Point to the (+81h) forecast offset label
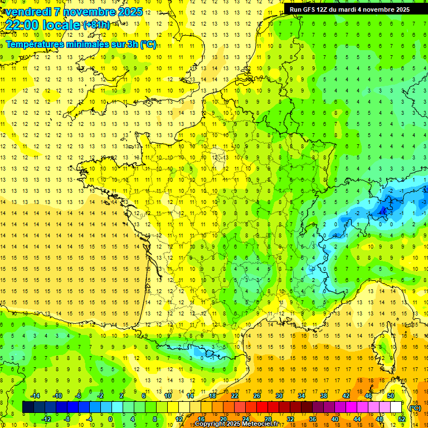tap(96, 25)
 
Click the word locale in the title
tap(61, 25)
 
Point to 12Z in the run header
tap(330, 9)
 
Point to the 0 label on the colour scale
tap(110, 419)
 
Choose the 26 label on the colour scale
tap(257, 396)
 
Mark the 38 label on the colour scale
tap(324, 396)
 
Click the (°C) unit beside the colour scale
tap(415, 408)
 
